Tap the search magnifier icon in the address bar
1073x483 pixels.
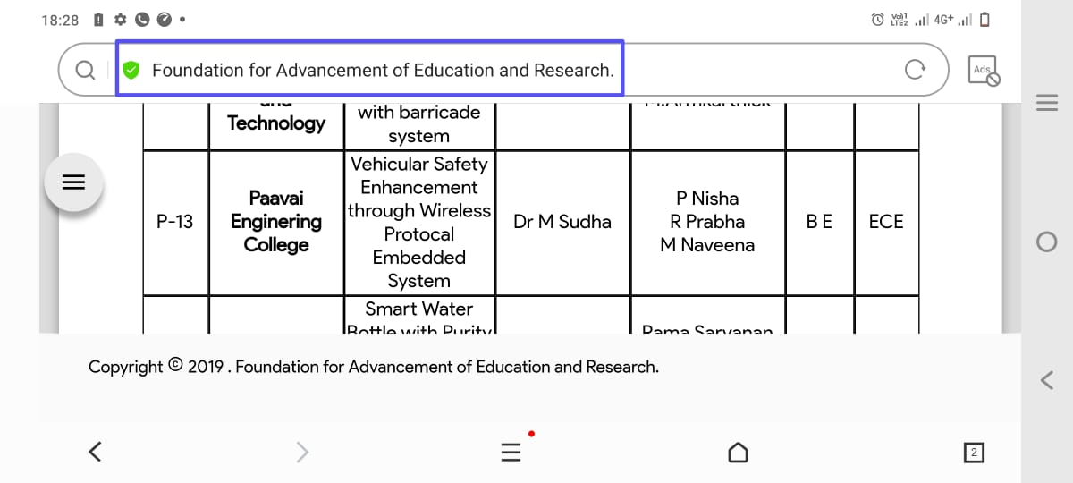coord(85,70)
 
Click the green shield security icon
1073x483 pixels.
coord(131,70)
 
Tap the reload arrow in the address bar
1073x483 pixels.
coord(914,70)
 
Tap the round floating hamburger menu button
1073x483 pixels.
coord(73,182)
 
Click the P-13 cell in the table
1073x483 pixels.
coord(175,222)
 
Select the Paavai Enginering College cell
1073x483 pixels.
coord(276,221)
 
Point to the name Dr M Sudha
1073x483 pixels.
coord(562,222)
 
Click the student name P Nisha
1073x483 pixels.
coord(707,199)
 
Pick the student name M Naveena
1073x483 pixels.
coord(707,245)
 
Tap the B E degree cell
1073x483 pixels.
coord(819,222)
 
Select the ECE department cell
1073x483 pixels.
coord(886,222)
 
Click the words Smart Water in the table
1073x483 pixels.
coord(418,309)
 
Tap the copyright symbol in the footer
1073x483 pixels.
coord(175,365)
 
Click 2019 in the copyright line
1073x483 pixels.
coord(205,367)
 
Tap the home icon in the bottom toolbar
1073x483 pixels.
coord(738,453)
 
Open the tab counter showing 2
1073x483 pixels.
coord(974,453)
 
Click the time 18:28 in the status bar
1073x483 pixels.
coord(60,20)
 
